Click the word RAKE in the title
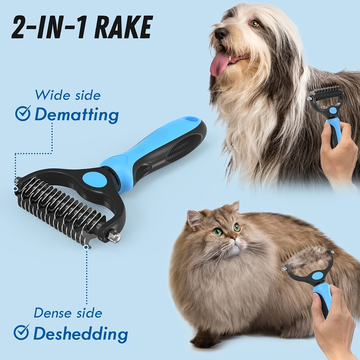pos(123,27)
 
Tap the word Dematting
pos(76,115)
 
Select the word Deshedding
pos(81,333)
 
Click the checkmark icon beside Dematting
pos(23,113)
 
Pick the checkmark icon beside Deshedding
pos(21,332)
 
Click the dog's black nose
pos(221,33)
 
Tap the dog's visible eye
pos(255,23)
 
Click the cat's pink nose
pos(233,237)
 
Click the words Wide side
pos(68,94)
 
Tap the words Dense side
pos(68,313)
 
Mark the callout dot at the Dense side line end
pos(86,247)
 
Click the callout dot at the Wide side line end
pos(15,189)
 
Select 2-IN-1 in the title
pos(50,27)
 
